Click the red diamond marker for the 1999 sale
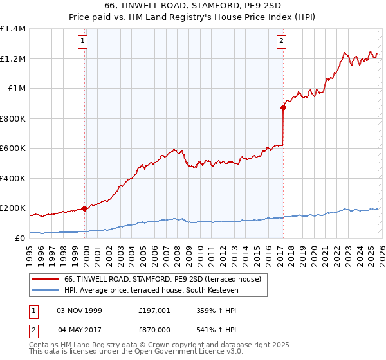(85, 208)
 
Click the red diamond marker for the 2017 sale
(282, 108)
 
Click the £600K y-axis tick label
(13, 148)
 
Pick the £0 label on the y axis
(20, 238)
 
